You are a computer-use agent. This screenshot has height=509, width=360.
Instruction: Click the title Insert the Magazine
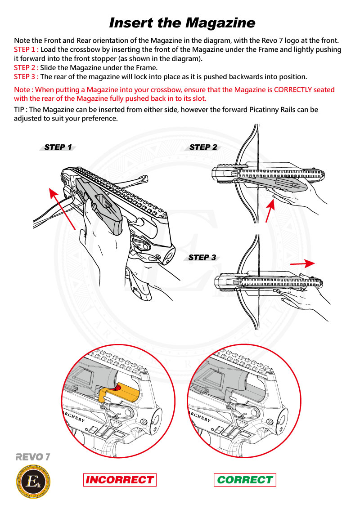coord(182,22)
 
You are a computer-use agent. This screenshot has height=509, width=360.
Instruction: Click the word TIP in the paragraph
coord(20,110)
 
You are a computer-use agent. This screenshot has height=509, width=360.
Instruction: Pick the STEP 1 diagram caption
coord(58,147)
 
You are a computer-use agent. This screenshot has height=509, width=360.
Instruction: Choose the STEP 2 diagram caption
coord(203,147)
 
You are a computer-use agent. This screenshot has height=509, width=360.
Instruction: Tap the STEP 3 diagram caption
coord(202,258)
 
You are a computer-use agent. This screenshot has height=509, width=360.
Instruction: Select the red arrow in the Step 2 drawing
coord(269,211)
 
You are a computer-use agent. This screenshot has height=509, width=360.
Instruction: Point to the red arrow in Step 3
coord(302,263)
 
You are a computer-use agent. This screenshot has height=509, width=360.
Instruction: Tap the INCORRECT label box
coord(120,480)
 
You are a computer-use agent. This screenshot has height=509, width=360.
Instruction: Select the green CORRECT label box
coord(245,480)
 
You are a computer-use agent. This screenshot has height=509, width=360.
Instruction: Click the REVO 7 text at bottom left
coord(32,457)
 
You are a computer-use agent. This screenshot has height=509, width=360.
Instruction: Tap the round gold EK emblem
coord(33,483)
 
